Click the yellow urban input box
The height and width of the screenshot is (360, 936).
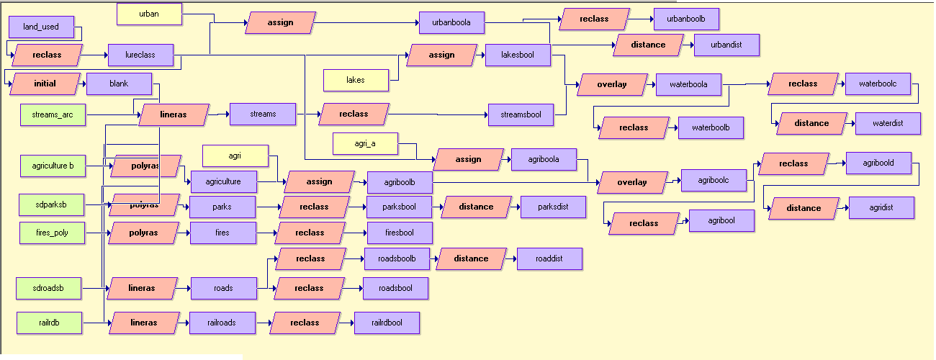click(x=149, y=14)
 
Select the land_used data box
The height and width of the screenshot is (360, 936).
click(x=41, y=27)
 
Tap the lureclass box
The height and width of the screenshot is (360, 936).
click(x=140, y=55)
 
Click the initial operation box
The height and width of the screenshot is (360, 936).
click(x=45, y=84)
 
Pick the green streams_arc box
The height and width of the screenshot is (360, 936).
click(x=53, y=114)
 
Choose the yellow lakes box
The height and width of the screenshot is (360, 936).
click(x=356, y=80)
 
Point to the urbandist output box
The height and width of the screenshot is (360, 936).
click(x=726, y=45)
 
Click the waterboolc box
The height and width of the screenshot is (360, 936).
click(x=878, y=84)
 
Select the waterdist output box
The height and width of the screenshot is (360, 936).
click(x=888, y=123)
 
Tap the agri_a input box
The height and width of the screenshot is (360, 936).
click(x=365, y=143)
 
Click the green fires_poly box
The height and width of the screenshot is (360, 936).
click(x=52, y=233)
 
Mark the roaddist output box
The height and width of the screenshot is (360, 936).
click(x=549, y=258)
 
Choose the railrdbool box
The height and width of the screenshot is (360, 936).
click(x=387, y=323)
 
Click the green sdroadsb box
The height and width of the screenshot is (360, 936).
click(x=48, y=288)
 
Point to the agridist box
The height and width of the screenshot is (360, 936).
click(x=881, y=207)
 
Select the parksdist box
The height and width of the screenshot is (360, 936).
click(x=553, y=207)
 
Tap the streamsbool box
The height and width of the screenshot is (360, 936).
click(x=521, y=114)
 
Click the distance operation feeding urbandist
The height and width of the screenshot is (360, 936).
click(x=648, y=45)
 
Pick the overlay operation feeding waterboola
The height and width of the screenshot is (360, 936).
click(x=611, y=84)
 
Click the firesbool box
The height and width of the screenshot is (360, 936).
click(x=400, y=233)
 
